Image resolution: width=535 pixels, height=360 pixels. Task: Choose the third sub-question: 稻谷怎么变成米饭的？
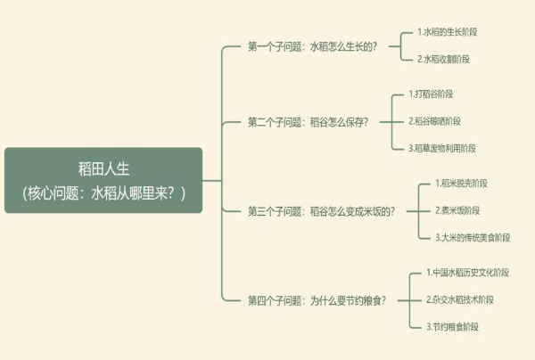[351, 211]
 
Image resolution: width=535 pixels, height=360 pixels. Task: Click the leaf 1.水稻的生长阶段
[447, 32]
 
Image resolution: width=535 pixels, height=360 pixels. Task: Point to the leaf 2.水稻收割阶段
[443, 59]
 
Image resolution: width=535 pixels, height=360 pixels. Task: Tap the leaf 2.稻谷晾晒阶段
[436, 121]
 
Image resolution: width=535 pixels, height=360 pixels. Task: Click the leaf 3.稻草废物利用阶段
[443, 148]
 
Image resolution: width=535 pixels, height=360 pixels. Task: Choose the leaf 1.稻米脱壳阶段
[461, 184]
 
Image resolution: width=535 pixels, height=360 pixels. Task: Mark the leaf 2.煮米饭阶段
[457, 210]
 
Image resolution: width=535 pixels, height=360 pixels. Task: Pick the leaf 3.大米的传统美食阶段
[473, 238]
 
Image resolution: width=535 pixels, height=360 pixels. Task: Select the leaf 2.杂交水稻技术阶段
[459, 299]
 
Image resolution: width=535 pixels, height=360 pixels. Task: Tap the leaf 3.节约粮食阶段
[451, 327]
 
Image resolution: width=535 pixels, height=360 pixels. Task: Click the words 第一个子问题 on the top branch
[275, 46]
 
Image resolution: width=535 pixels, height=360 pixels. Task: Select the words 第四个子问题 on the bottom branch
[275, 300]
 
